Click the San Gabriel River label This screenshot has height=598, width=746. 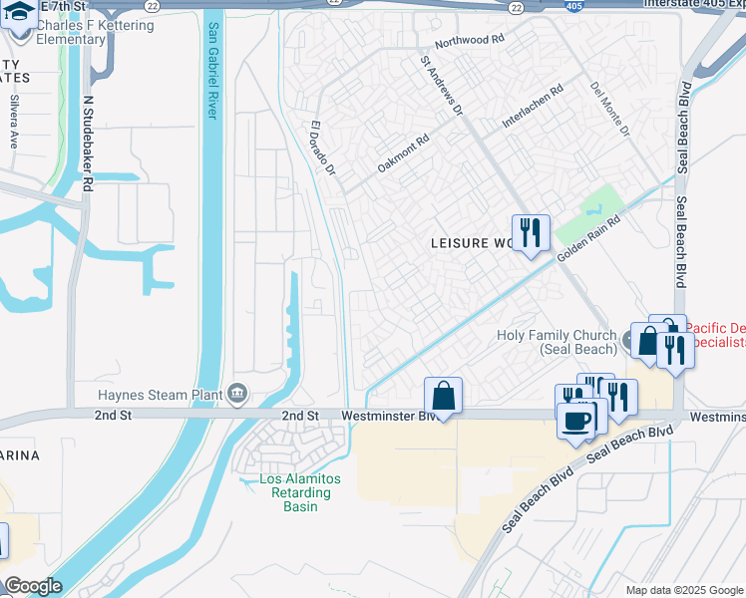pos(211,70)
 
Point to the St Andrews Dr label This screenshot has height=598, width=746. pos(442,86)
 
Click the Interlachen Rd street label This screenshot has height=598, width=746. pos(533,104)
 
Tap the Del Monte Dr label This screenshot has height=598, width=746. pos(609,109)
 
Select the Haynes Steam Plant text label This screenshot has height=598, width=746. pos(161,395)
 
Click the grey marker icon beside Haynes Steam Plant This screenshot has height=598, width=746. pos(237,394)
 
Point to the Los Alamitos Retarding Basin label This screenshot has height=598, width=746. pos(300,492)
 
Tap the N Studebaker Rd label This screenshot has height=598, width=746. pos(88,144)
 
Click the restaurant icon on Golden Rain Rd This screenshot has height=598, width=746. pos(531,233)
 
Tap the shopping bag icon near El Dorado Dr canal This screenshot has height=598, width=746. pos(443,396)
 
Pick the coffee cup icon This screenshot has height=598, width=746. pos(576,420)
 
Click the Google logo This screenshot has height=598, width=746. pos(33,586)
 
